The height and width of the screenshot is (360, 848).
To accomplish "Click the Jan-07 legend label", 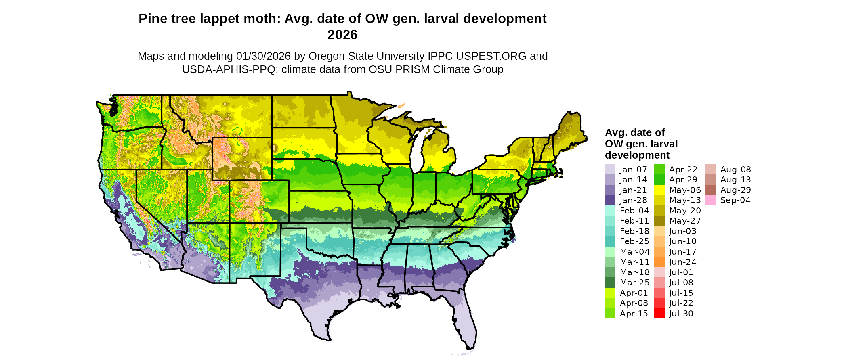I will click(x=633, y=170).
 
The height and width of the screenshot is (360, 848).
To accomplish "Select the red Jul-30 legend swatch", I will click(x=659, y=314).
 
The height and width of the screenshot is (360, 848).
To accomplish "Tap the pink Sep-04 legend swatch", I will click(x=710, y=200).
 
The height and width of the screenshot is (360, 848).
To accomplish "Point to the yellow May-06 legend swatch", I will click(x=659, y=190).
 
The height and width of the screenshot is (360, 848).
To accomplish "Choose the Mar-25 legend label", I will click(x=634, y=283).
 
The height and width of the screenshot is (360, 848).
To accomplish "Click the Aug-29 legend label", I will click(x=735, y=190).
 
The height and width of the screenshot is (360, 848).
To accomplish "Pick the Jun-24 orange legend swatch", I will click(x=659, y=262).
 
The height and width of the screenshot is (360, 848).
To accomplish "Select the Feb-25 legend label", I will click(x=634, y=241).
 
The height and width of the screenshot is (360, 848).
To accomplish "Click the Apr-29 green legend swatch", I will click(x=659, y=180).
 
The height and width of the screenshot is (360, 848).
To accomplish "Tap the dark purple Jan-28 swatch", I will click(x=610, y=200).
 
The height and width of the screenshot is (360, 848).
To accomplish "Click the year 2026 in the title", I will click(x=342, y=35).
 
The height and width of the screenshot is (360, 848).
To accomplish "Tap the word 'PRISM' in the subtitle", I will click(x=413, y=69).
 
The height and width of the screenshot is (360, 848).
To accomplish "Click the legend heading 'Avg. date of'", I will click(x=634, y=132).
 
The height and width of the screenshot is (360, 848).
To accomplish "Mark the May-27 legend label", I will click(x=684, y=221).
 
